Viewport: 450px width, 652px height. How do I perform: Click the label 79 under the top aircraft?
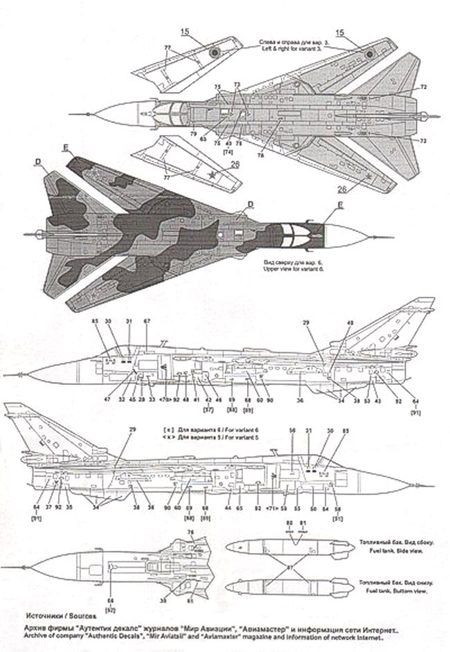194,133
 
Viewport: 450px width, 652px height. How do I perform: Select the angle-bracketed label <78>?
165,400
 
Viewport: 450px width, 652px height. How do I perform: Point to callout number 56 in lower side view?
292,431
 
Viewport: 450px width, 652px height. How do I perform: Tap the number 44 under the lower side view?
228,508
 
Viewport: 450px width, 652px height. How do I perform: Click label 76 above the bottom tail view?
191,532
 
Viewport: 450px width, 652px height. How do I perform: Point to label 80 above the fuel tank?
290,522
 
